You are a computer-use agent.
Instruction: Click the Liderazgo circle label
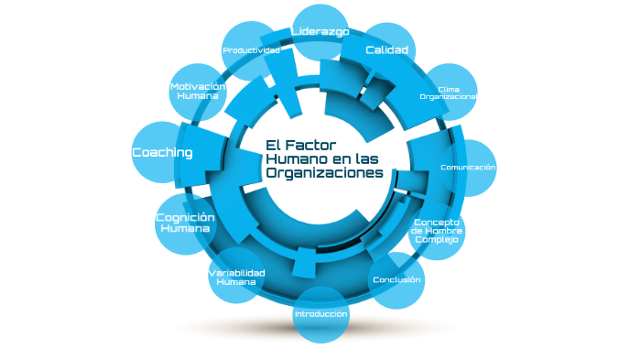tap(320, 32)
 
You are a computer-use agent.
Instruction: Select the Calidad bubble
tap(386, 49)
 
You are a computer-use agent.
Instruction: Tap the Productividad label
tap(251, 50)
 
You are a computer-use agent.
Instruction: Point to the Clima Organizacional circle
tap(448, 93)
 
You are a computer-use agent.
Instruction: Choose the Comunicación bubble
tap(467, 168)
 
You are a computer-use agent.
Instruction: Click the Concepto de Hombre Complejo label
tap(436, 231)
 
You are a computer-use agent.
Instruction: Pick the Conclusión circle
tap(397, 279)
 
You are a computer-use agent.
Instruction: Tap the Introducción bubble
tap(320, 314)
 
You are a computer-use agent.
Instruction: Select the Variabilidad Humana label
tap(236, 278)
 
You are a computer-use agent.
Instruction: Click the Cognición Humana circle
tap(185, 223)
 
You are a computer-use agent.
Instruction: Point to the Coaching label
tap(162, 153)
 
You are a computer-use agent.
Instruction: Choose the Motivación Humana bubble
tap(198, 91)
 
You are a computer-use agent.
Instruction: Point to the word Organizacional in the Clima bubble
tap(449, 96)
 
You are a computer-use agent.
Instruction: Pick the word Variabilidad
tap(236, 273)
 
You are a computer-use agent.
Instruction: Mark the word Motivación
tap(198, 86)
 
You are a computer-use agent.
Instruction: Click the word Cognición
tap(185, 217)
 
